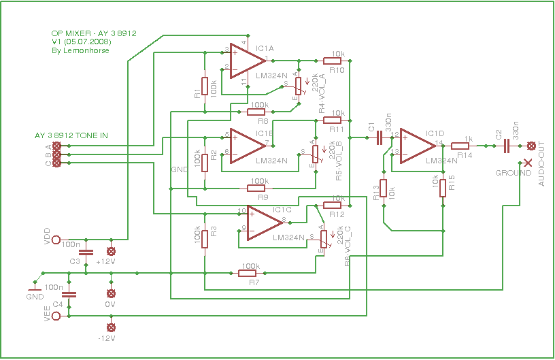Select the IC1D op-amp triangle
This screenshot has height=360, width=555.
[416, 146]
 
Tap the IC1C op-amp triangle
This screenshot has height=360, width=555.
[264, 222]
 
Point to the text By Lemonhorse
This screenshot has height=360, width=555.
[75, 51]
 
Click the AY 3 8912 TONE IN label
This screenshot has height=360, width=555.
[71, 136]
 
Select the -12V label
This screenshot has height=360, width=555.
[107, 338]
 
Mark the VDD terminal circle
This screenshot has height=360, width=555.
[56, 239]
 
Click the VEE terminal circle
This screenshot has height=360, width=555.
[56, 315]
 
